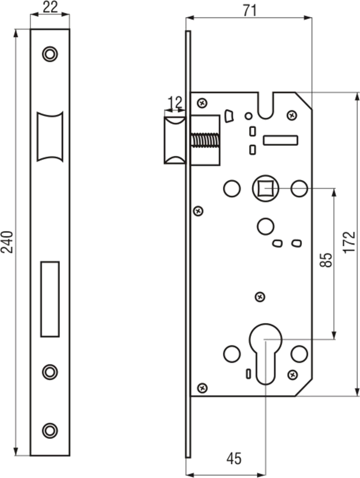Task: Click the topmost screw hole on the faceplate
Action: pyautogui.click(x=49, y=53)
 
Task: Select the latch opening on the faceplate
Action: pyautogui.click(x=49, y=137)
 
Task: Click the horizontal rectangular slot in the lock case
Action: pyautogui.click(x=281, y=141)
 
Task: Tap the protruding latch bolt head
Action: pyautogui.click(x=175, y=138)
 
